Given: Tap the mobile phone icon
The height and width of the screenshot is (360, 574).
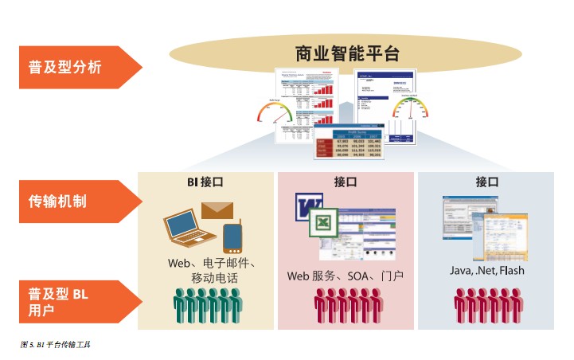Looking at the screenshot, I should [232, 237].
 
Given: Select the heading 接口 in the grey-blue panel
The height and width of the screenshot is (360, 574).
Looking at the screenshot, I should [486, 182].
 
